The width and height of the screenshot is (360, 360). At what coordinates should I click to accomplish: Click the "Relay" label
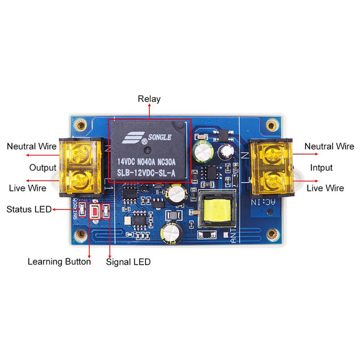[x=149, y=99]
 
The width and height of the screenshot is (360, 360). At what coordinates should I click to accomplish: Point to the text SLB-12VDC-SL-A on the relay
[x=146, y=173]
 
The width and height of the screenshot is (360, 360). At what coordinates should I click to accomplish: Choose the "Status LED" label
[x=28, y=209]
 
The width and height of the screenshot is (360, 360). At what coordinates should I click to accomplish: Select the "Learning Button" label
[x=59, y=262]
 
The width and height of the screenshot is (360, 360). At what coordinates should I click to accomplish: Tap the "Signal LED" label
[x=128, y=262]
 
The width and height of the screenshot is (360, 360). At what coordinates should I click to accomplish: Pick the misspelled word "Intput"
[x=321, y=167]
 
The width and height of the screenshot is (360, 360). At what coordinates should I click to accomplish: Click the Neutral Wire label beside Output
[x=31, y=146]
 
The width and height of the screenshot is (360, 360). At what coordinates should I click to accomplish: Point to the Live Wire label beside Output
[x=28, y=188]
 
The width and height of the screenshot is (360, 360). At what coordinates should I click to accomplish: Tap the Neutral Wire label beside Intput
[x=329, y=146]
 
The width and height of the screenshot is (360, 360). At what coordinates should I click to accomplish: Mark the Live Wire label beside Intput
[x=325, y=188]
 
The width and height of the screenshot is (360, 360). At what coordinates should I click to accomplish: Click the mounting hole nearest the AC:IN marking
[x=272, y=234]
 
